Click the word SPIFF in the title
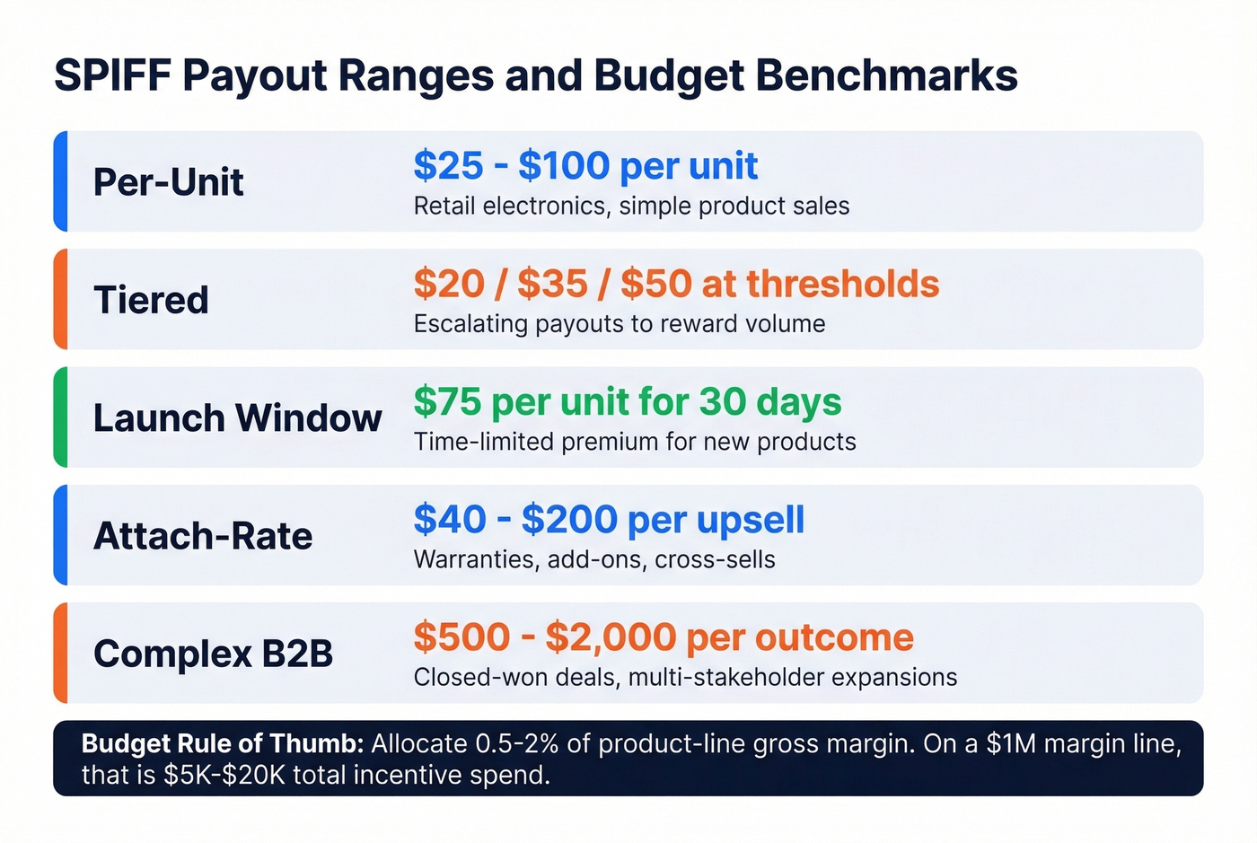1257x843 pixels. [112, 75]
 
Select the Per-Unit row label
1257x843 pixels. [168, 182]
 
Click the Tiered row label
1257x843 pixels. [151, 300]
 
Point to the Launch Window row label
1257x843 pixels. [237, 418]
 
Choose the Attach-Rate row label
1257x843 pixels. [203, 536]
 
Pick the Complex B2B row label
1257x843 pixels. [213, 654]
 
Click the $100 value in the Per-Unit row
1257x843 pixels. [563, 166]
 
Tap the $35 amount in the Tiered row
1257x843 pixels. [552, 284]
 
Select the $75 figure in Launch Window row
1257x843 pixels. [447, 402]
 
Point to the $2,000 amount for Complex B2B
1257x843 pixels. [611, 637]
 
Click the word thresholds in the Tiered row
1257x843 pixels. [843, 284]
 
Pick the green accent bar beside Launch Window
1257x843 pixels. [60, 417]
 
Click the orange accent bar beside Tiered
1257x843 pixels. [60, 299]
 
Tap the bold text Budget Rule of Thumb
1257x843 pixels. [223, 743]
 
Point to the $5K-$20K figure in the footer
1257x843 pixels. [224, 775]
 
